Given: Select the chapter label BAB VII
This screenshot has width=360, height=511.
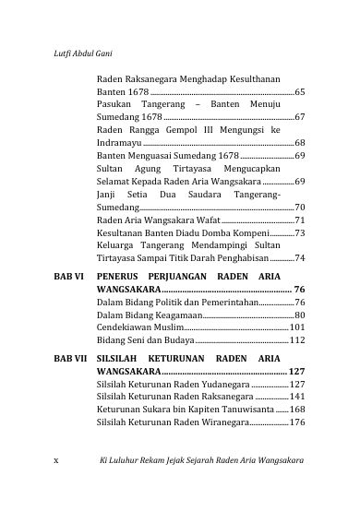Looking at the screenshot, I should coord(70,357).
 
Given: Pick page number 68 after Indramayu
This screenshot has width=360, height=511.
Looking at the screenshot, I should coord(300,145).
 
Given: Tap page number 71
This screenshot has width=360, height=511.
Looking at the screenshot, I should coord(300,222).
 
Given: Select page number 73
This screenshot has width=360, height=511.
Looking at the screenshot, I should coord(300,235).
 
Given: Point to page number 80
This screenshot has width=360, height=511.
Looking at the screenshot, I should coord(300,315).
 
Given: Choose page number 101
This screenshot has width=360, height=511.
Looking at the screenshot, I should coord(297,328).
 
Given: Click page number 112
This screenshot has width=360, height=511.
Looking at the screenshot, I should coord(297,341).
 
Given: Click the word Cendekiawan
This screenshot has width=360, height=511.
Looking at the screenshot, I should coord(125,328).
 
